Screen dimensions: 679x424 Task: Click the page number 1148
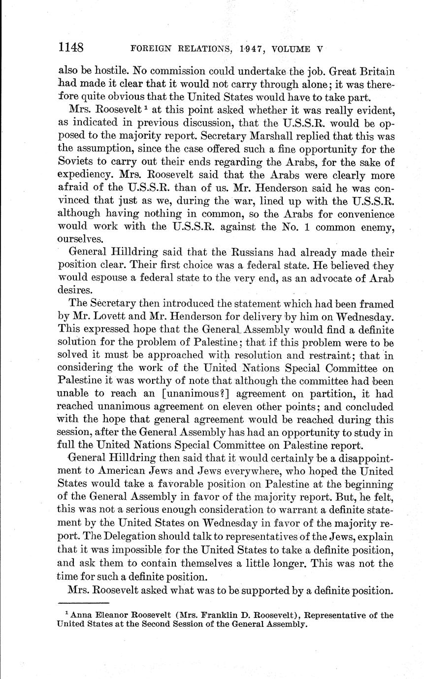click(71, 48)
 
